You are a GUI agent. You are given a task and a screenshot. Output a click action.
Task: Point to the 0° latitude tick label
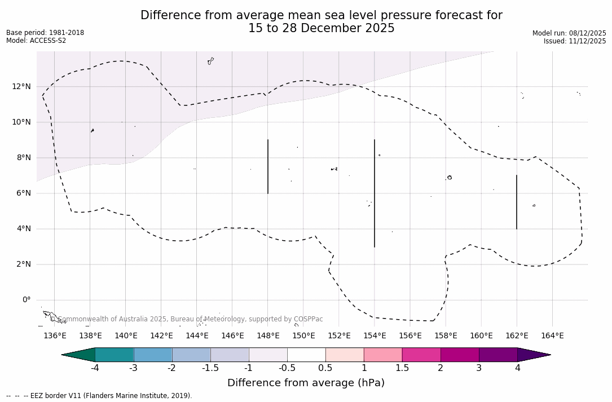tap(27, 300)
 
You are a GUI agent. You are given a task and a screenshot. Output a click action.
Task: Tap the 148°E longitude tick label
tap(268, 335)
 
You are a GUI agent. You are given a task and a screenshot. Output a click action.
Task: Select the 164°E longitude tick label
tap(552, 335)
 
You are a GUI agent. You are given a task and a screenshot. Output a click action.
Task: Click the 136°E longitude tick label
tap(55, 335)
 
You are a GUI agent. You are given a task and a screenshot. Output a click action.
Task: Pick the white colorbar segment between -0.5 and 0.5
tap(306, 355)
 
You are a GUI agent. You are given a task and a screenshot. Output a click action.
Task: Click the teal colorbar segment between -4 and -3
tap(115, 355)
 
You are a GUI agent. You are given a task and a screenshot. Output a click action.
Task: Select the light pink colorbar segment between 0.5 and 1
tap(345, 355)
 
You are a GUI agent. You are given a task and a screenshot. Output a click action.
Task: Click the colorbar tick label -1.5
tap(210, 368)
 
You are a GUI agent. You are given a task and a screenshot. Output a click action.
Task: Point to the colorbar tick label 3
tap(479, 368)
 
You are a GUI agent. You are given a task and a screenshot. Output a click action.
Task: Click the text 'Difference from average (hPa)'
tap(306, 383)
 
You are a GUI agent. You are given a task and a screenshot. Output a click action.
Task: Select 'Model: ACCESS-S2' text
tap(36, 41)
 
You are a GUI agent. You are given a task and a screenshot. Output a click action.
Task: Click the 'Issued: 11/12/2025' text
tap(575, 41)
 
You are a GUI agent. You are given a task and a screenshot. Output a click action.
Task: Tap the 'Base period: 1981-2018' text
tap(45, 33)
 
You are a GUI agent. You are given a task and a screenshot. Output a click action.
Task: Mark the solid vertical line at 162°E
tap(517, 202)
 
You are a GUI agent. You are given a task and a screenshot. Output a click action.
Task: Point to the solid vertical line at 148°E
tap(268, 166)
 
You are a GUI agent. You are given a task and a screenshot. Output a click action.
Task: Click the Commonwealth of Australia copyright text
tap(187, 319)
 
